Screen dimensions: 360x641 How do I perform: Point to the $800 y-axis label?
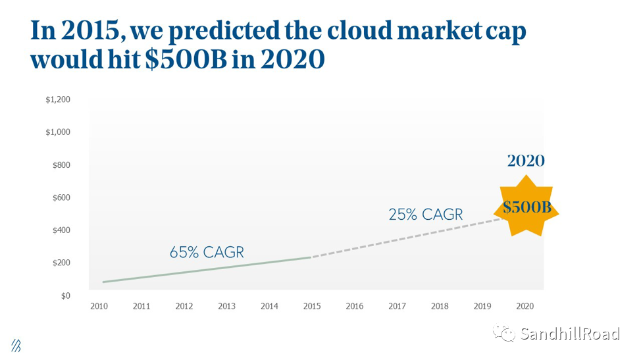tap(61, 165)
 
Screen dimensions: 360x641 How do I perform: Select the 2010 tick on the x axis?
tap(99, 306)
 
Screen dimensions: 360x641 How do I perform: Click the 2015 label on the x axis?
tap(312, 306)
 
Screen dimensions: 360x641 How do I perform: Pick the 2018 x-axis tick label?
tap(440, 306)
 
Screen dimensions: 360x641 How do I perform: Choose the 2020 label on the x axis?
tap(525, 306)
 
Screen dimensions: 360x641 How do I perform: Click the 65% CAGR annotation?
tap(207, 252)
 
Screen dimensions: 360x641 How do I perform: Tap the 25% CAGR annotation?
tap(425, 215)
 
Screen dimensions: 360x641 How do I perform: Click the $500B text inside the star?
tap(526, 207)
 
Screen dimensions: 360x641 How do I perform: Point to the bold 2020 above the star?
tap(526, 161)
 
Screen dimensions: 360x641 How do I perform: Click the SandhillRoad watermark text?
tap(569, 334)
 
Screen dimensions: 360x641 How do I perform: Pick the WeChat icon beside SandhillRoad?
tap(506, 334)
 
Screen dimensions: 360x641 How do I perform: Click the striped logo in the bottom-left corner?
tap(16, 346)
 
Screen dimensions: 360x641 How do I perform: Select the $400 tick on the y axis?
tap(61, 230)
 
